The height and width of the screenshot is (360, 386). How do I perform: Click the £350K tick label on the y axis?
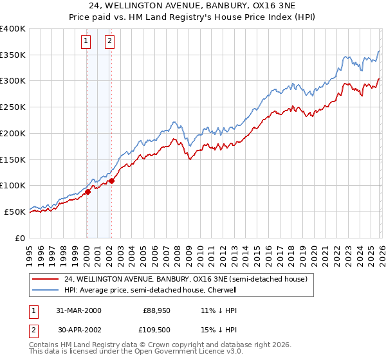pyautogui.click(x=13, y=55)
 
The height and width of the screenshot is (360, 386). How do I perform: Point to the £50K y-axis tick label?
pyautogui.click(x=15, y=212)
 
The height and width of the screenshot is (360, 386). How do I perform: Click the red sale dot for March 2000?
pyautogui.click(x=87, y=192)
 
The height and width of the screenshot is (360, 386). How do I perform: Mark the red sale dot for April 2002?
pyautogui.click(x=111, y=181)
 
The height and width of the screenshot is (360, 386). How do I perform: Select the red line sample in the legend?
pyautogui.click(x=45, y=279)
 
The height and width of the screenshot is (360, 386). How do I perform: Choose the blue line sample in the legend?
pyautogui.click(x=45, y=290)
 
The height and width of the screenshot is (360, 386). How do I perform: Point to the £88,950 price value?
pyautogui.click(x=156, y=310)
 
